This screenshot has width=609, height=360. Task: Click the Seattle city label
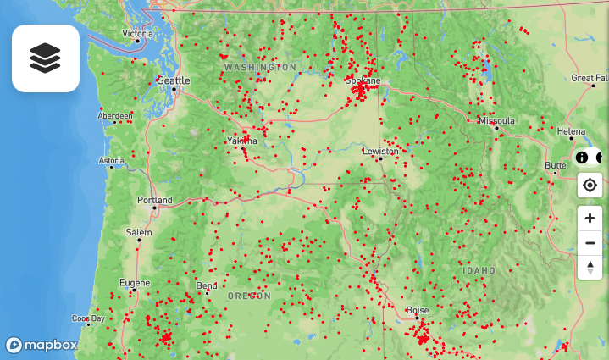[x=173, y=80]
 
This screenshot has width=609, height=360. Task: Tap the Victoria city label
[x=137, y=34]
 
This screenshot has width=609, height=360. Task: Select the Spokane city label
[x=363, y=80]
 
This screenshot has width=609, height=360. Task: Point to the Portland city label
[x=155, y=201]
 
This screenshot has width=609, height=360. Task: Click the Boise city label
[x=418, y=311]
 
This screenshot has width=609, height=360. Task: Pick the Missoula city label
[x=496, y=121]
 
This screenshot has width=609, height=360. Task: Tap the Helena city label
[x=571, y=131]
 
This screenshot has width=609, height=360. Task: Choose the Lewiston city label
[x=379, y=151]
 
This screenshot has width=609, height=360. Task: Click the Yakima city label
[x=241, y=141]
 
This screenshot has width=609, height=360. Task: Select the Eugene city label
[x=134, y=283]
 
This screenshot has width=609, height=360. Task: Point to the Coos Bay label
[x=88, y=319]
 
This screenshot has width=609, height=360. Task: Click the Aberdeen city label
[x=115, y=116]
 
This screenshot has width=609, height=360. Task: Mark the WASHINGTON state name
[x=260, y=67]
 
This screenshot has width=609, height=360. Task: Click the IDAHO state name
[x=479, y=270]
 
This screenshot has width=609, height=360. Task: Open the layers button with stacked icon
[x=46, y=58]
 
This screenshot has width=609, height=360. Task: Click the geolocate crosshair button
[x=590, y=185]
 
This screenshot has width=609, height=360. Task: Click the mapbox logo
[x=42, y=345]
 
